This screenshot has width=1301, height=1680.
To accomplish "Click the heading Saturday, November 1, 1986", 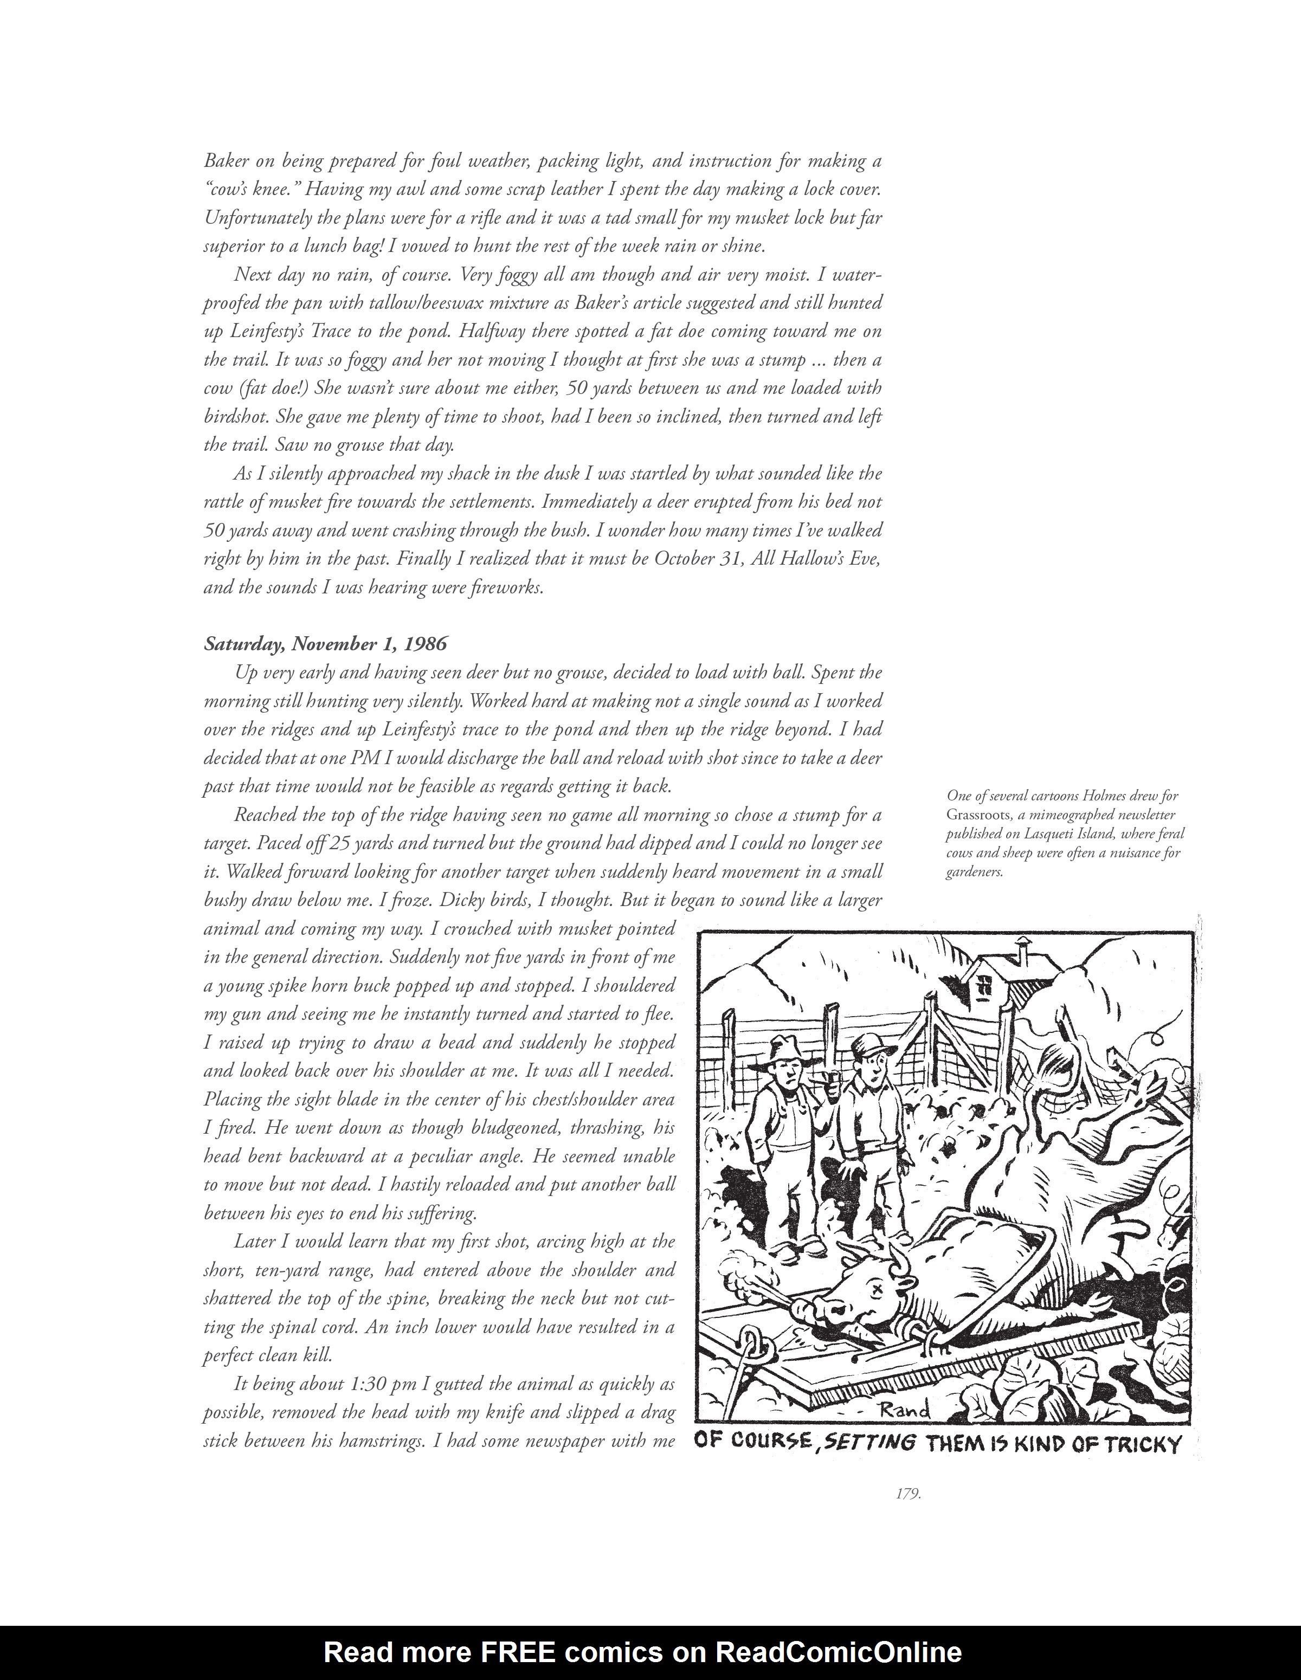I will click(325, 644).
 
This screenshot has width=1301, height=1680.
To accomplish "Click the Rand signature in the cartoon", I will click(904, 1410).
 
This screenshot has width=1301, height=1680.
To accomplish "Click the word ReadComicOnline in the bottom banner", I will click(839, 1651).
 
